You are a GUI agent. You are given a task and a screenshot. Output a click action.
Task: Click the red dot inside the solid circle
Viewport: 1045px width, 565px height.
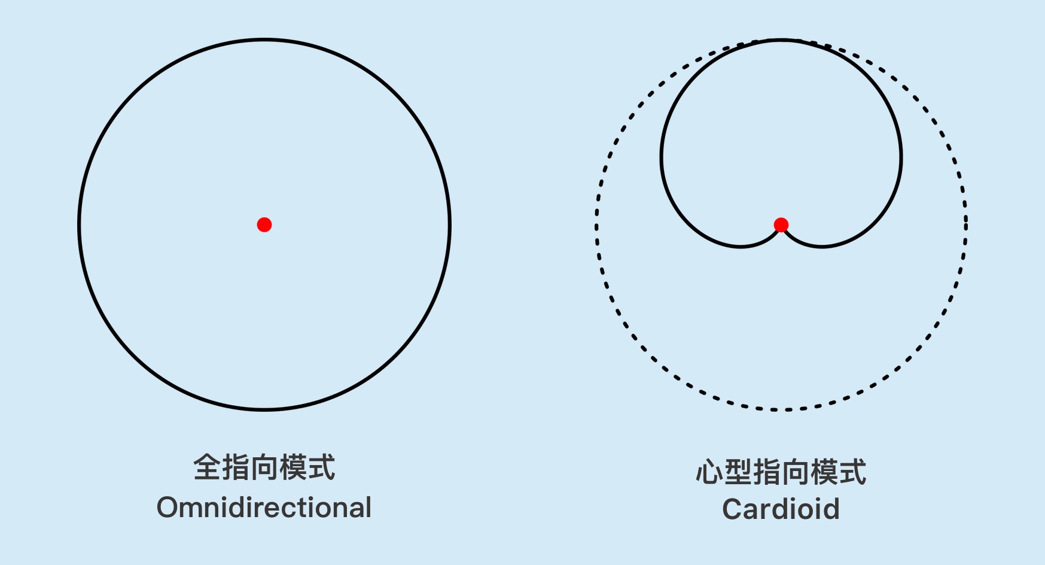[x=264, y=224]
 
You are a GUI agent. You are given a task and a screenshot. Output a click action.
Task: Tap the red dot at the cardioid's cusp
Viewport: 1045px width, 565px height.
[x=781, y=224]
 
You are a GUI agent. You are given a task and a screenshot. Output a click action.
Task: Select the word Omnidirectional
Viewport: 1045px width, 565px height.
[x=264, y=508]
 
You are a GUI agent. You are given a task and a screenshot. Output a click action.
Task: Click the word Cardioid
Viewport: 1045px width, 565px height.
[x=781, y=509]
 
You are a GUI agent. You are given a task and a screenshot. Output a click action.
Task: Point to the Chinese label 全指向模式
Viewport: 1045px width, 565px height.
[x=264, y=467]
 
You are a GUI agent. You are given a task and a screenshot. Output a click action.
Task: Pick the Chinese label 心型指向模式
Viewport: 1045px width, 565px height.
[x=781, y=472]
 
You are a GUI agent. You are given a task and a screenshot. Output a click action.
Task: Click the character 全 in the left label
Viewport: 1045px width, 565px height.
[x=207, y=467]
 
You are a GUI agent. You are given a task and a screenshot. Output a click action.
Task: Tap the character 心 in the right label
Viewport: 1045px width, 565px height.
[x=710, y=472]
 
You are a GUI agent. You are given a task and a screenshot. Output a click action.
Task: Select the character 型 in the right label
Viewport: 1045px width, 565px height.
[x=738, y=472]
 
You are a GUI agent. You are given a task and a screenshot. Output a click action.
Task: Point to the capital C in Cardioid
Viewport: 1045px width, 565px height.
[x=733, y=509]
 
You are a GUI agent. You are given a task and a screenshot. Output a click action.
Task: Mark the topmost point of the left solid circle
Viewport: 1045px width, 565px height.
[x=264, y=40]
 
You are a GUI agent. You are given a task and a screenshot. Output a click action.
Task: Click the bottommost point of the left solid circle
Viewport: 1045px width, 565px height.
[x=264, y=409]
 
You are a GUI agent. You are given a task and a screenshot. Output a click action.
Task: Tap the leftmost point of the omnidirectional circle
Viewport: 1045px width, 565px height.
[x=80, y=224]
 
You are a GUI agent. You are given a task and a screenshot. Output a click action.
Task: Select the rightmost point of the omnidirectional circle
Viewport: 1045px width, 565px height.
[x=449, y=224]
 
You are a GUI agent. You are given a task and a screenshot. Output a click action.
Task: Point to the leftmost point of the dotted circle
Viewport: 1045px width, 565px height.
[x=596, y=224]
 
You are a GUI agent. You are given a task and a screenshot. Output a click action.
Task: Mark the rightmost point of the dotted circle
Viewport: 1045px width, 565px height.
[x=965, y=224]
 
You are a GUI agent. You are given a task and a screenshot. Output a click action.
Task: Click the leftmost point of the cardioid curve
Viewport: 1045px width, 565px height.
[x=662, y=157]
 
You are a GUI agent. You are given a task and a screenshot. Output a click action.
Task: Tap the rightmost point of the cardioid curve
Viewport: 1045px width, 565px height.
[x=901, y=157]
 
